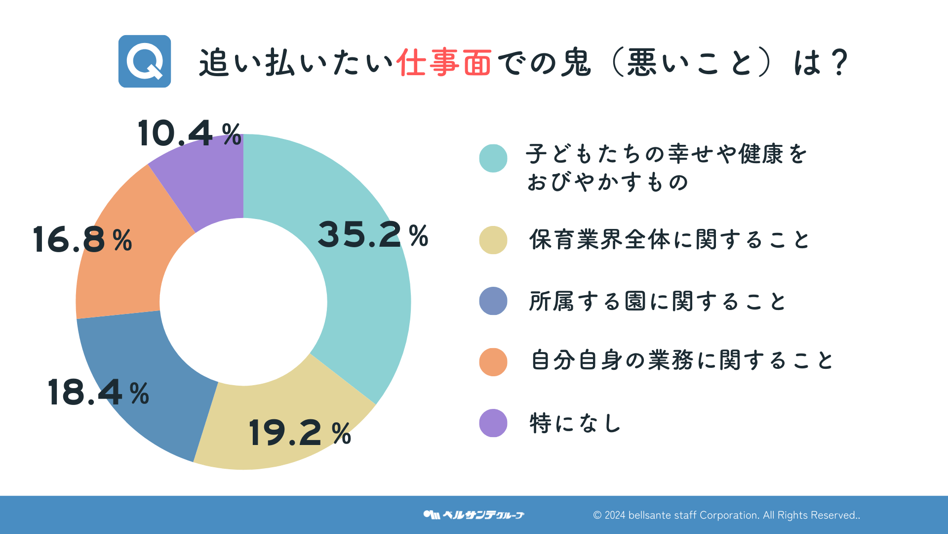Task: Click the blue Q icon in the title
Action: click(x=145, y=61)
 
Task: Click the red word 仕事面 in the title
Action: click(x=443, y=63)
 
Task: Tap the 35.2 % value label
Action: click(x=373, y=235)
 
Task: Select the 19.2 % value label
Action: click(x=300, y=433)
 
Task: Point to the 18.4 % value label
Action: click(x=98, y=393)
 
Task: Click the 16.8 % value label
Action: click(x=82, y=240)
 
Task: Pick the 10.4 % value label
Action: click(x=190, y=133)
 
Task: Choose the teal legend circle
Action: click(x=493, y=158)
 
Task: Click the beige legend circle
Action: click(x=493, y=240)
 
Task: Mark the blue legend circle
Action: click(x=493, y=301)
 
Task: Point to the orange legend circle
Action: click(x=493, y=362)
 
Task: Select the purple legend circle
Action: click(x=493, y=423)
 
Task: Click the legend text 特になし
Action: click(x=575, y=423)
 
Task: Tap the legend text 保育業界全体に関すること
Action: click(x=669, y=240)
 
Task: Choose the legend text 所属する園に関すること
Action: click(x=657, y=301)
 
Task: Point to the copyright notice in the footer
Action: click(x=726, y=515)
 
